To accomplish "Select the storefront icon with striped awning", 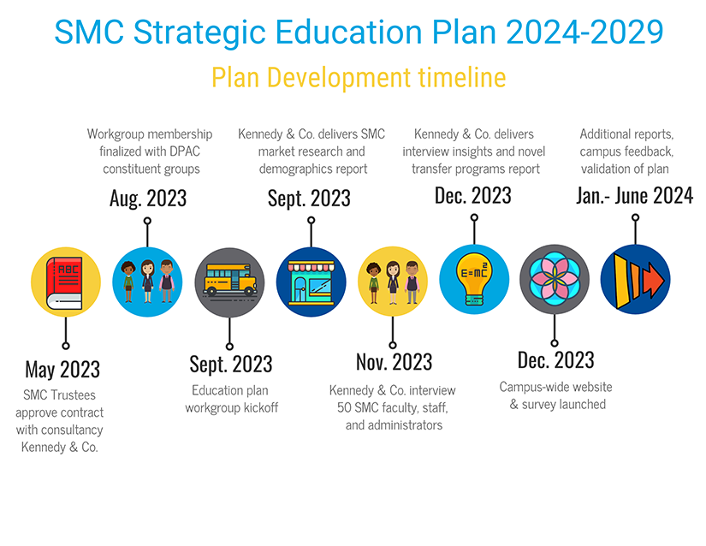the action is [311, 282].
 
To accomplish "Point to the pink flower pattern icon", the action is [555, 280].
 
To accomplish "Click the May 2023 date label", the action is [62, 370].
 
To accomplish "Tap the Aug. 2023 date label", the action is [148, 199].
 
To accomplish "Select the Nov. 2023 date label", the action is [394, 362].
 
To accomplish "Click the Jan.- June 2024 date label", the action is [635, 196].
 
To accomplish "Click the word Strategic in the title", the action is [199, 33].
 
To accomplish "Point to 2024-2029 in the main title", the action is [584, 32].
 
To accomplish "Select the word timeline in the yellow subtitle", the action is [462, 77].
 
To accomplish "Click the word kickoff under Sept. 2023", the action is [261, 408].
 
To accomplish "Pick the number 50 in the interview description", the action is [344, 408].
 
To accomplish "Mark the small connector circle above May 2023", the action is [66, 346].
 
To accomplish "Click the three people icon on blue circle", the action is [147, 282].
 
